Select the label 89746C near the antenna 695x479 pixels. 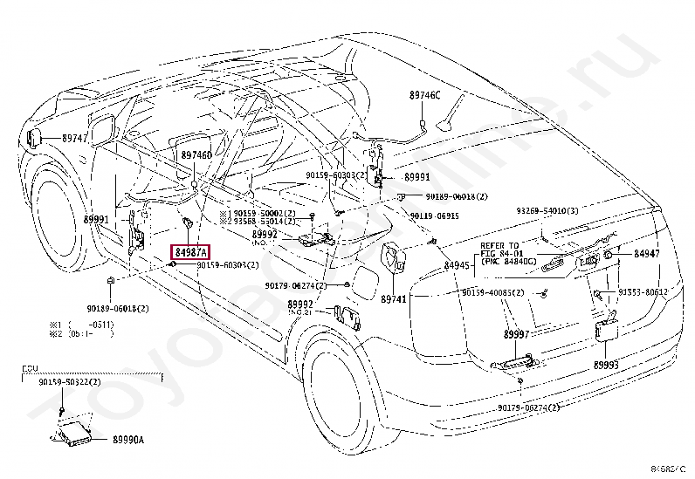click(x=425, y=94)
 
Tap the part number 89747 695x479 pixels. click(x=74, y=139)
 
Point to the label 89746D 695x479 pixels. click(x=196, y=154)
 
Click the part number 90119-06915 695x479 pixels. click(x=434, y=215)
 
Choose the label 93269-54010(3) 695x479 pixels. click(x=547, y=210)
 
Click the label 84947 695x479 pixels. click(x=646, y=254)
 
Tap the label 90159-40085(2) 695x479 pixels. click(x=493, y=292)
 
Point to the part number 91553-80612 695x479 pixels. click(x=643, y=292)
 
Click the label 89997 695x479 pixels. click(x=516, y=334)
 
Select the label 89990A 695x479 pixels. click(x=127, y=441)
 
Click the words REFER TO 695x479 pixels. click(x=499, y=246)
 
